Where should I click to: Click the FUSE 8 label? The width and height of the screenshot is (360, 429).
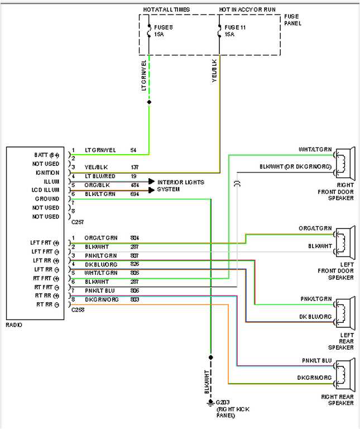(164, 26)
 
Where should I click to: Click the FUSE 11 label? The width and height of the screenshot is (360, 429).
(235, 26)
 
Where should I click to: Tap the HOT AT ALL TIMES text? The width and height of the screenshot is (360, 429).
(166, 9)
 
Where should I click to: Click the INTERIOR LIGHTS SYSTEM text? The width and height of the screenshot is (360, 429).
(180, 185)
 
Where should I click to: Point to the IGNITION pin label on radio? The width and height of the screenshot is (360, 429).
(47, 173)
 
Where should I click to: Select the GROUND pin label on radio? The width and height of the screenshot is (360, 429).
(47, 199)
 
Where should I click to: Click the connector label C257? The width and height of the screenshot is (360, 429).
(78, 222)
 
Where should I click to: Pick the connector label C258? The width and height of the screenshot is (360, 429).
(78, 309)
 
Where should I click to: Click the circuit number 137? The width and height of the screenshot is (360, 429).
(135, 168)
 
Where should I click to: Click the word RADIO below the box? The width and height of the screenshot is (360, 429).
(15, 325)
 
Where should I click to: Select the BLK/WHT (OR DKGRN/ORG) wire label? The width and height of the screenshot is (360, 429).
(295, 166)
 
